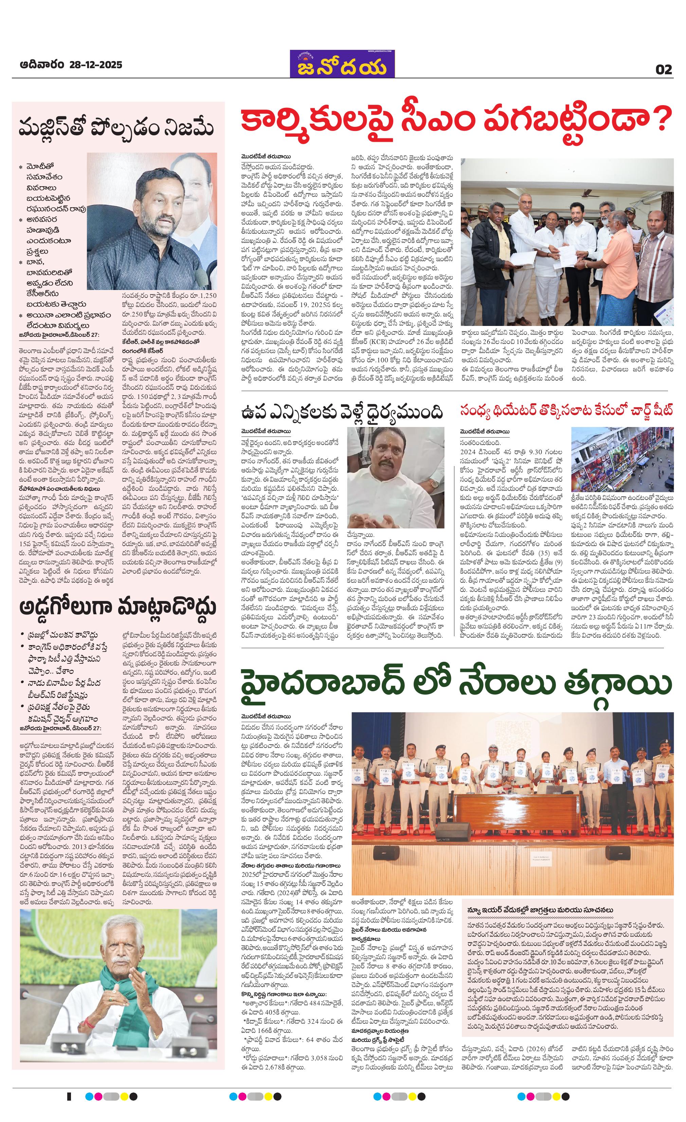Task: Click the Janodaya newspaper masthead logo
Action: tap(343, 64)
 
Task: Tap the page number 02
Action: tap(664, 69)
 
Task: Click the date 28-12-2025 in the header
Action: tap(96, 65)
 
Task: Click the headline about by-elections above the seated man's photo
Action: tap(342, 412)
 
